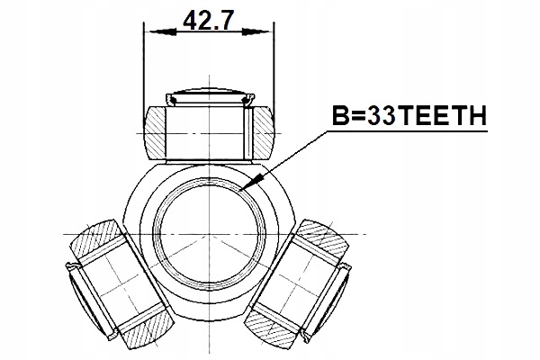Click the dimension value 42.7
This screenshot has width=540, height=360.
coord(208,21)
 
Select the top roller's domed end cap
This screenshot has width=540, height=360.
coord(208,95)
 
